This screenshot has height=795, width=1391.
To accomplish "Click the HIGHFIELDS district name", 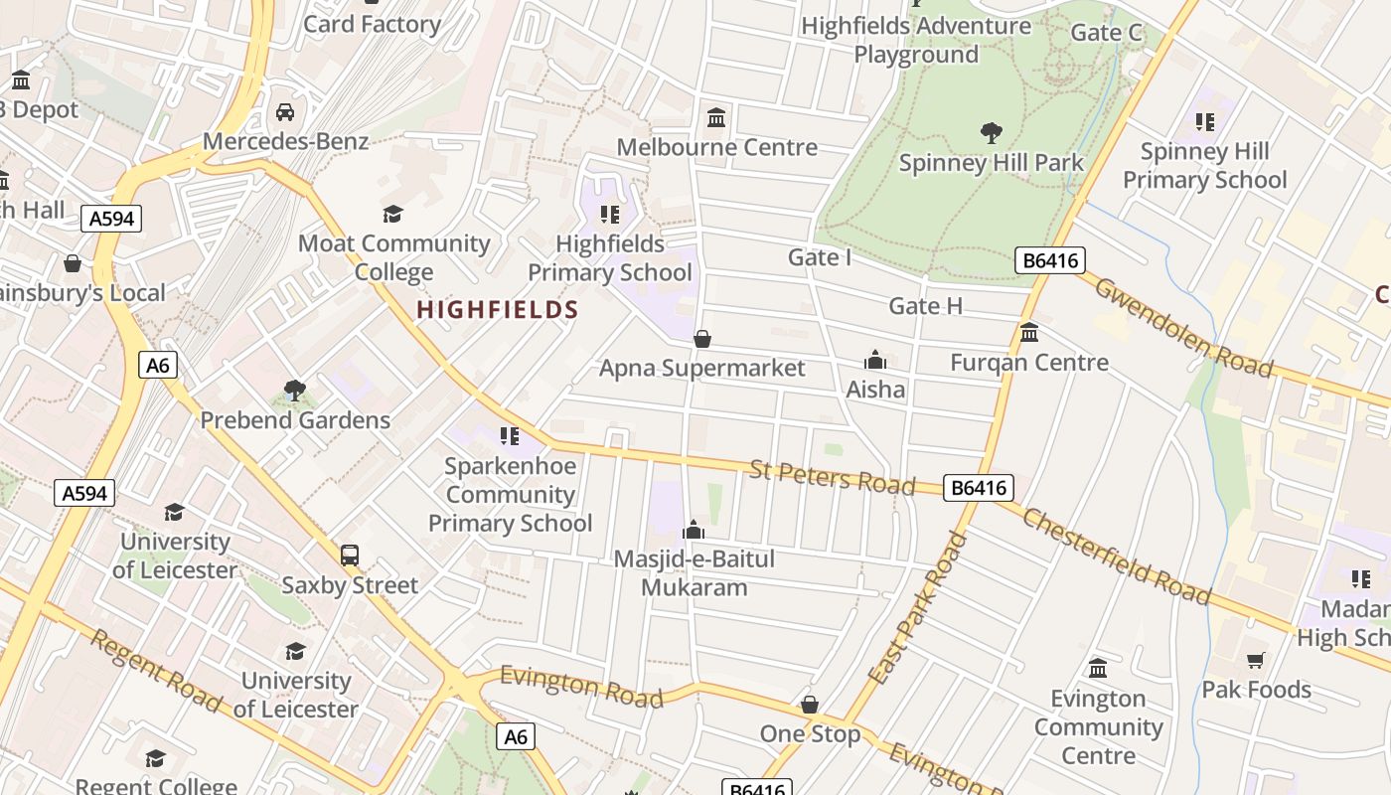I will [497, 310].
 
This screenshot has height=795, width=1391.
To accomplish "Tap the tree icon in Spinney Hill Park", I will [991, 132].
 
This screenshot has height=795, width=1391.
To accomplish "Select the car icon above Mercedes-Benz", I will [285, 111].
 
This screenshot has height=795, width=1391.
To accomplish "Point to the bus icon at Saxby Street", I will [350, 556].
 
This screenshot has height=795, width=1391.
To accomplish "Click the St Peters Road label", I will [832, 476].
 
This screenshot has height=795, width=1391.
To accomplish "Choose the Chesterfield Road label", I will [1117, 556].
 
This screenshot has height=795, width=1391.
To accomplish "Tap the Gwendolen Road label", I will [1183, 327].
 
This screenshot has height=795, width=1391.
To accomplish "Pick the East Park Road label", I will [917, 609].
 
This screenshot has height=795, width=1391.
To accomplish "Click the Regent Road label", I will [156, 670].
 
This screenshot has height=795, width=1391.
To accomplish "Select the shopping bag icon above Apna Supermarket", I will [702, 339].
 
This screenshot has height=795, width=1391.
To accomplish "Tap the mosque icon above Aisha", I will [875, 360].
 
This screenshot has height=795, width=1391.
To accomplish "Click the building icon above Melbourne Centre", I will [716, 118].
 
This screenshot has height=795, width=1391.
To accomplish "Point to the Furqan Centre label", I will [1029, 363].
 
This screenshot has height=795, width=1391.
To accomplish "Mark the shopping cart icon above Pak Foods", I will [1256, 660].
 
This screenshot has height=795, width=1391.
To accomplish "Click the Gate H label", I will [926, 306].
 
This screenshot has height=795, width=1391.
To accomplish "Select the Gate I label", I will [820, 257].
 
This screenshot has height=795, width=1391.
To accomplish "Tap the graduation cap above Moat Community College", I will [393, 214].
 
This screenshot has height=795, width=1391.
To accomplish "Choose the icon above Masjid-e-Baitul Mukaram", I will [694, 530].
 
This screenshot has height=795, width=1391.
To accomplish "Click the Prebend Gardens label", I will [295, 420].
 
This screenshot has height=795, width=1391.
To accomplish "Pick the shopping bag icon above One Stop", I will [810, 705].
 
